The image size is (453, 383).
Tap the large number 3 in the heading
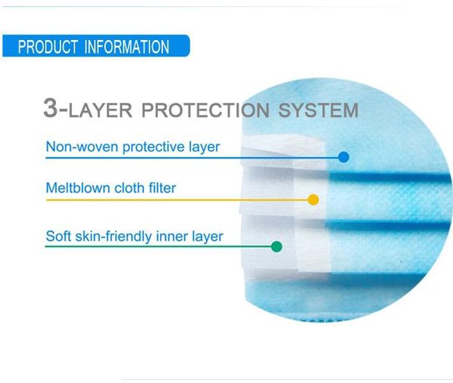click(x=51, y=108)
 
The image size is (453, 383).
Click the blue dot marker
click(x=344, y=157)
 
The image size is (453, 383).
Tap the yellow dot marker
click(x=313, y=199)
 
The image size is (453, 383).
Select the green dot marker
click(x=276, y=246)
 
